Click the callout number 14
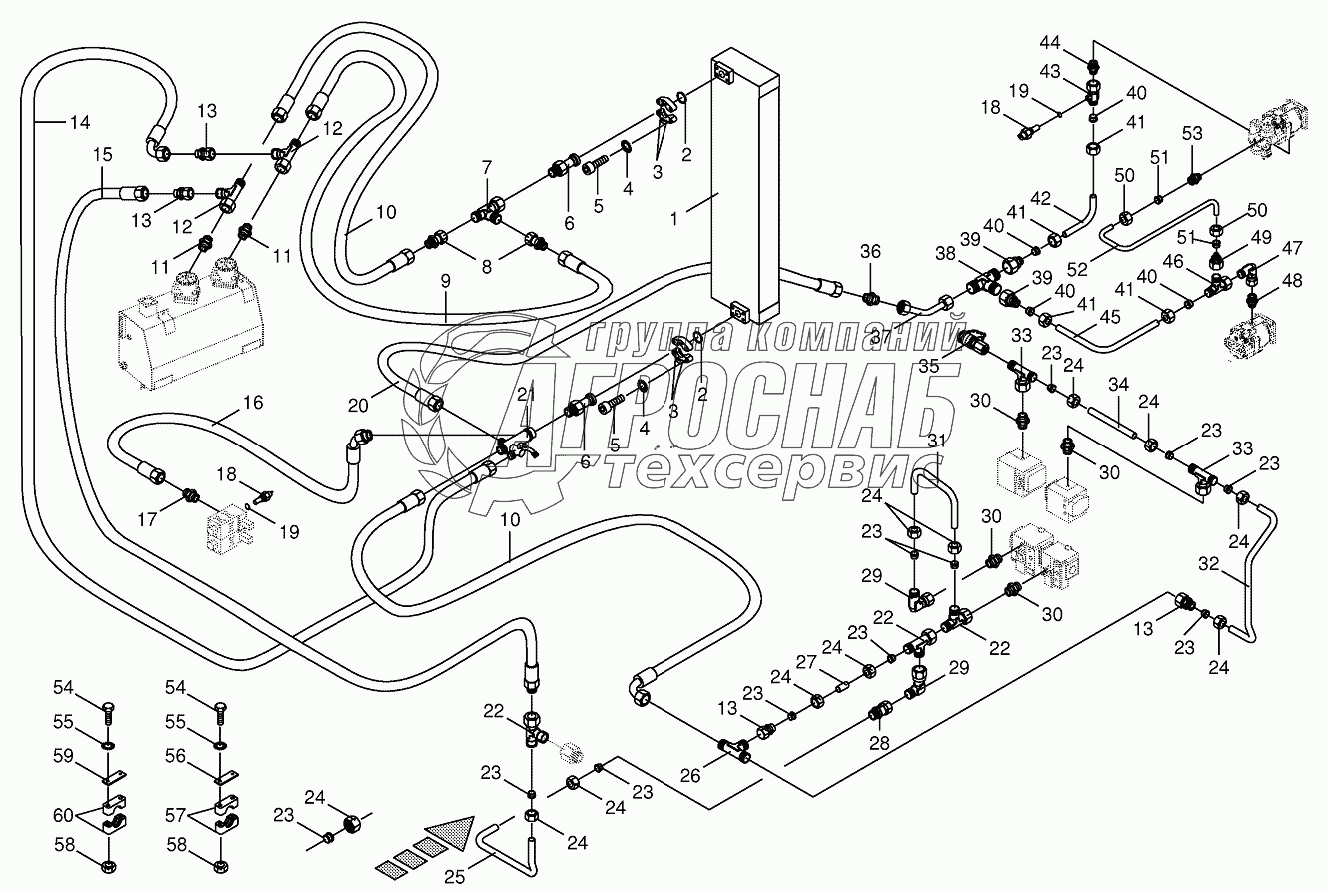tap(78, 123)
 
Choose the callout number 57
tap(177, 815)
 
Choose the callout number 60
tap(64, 815)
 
